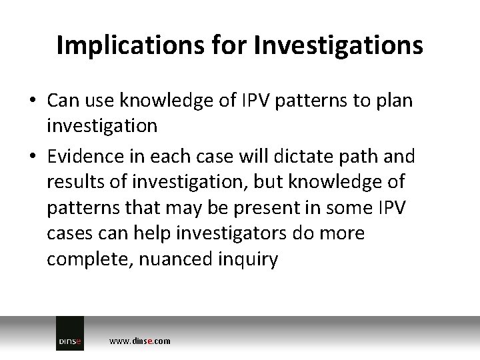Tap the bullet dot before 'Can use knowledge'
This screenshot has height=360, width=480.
[33, 101]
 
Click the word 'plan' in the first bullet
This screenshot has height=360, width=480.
[395, 101]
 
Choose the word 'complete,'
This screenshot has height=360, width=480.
[89, 259]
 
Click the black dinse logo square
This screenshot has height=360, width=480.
[69, 333]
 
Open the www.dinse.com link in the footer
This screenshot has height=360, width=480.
[139, 341]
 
